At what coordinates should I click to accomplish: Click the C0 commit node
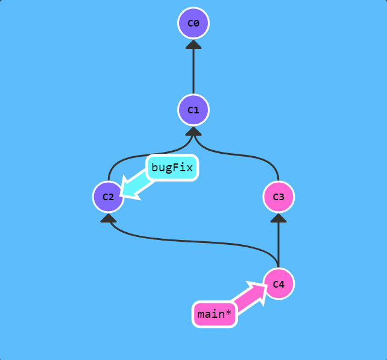pyautogui.click(x=193, y=24)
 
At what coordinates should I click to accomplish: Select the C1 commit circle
pyautogui.click(x=193, y=110)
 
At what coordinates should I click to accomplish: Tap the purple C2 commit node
pyautogui.click(x=108, y=197)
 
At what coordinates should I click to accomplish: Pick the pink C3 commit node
pyautogui.click(x=278, y=197)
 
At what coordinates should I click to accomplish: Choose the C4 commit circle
pyautogui.click(x=278, y=283)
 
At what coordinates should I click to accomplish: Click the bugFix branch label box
pyautogui.click(x=172, y=168)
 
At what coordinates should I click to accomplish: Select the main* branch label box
pyautogui.click(x=214, y=314)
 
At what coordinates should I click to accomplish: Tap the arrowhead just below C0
pyautogui.click(x=193, y=44)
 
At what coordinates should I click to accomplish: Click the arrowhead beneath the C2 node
pyautogui.click(x=108, y=218)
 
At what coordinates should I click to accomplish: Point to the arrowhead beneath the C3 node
pyautogui.click(x=278, y=218)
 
